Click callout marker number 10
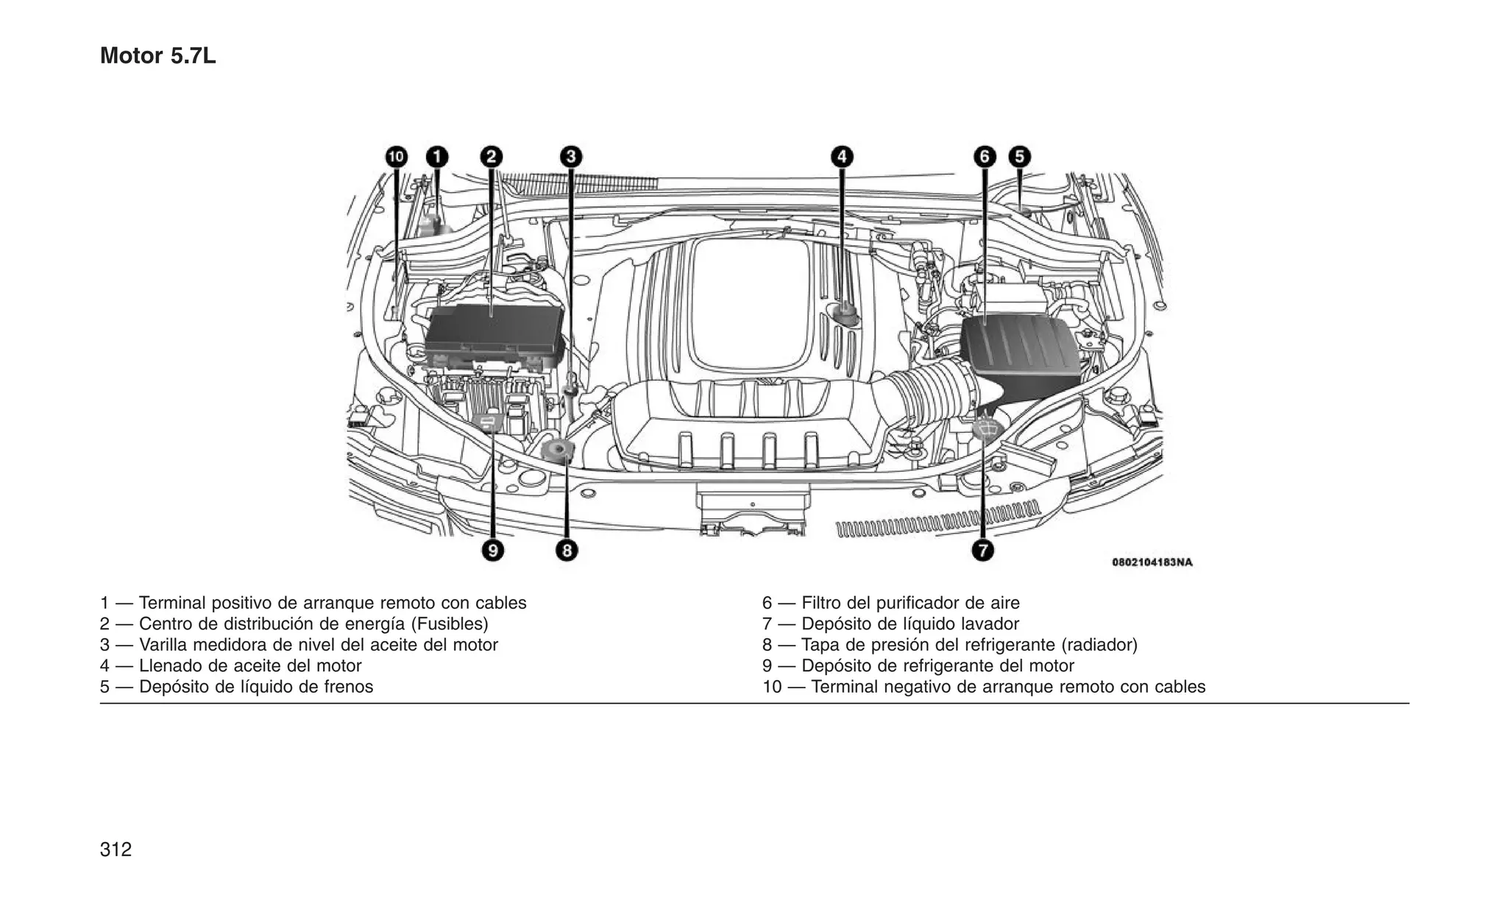(x=397, y=157)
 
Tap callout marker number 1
(x=437, y=157)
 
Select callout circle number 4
(x=842, y=157)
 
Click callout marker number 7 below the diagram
(x=982, y=550)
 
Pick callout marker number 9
(x=492, y=550)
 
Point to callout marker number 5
(x=1019, y=157)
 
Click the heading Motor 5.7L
(x=157, y=56)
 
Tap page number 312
(x=116, y=849)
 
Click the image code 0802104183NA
(x=1152, y=562)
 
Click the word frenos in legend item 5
(x=348, y=687)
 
